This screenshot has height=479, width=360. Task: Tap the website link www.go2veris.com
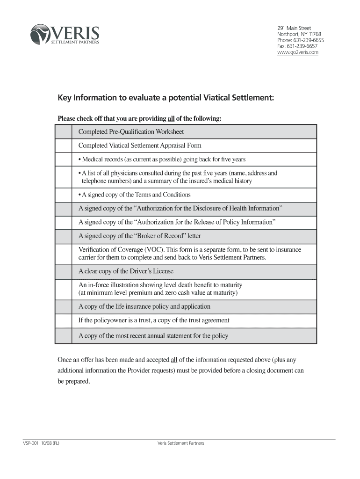(x=298, y=52)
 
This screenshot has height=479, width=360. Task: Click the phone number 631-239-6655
(x=308, y=40)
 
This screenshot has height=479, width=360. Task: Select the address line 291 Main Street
(x=294, y=28)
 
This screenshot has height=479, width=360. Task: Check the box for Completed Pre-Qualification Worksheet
(x=64, y=131)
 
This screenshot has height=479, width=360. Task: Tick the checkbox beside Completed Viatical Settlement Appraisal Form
(x=64, y=145)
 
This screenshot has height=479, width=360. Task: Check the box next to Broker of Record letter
(x=64, y=236)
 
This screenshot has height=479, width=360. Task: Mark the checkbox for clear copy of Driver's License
(x=64, y=271)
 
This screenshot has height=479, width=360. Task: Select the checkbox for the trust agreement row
(x=64, y=320)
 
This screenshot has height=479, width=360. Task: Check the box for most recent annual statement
(x=64, y=336)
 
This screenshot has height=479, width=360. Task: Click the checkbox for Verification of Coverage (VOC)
(x=64, y=254)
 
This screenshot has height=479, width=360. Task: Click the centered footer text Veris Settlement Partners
(x=181, y=443)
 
